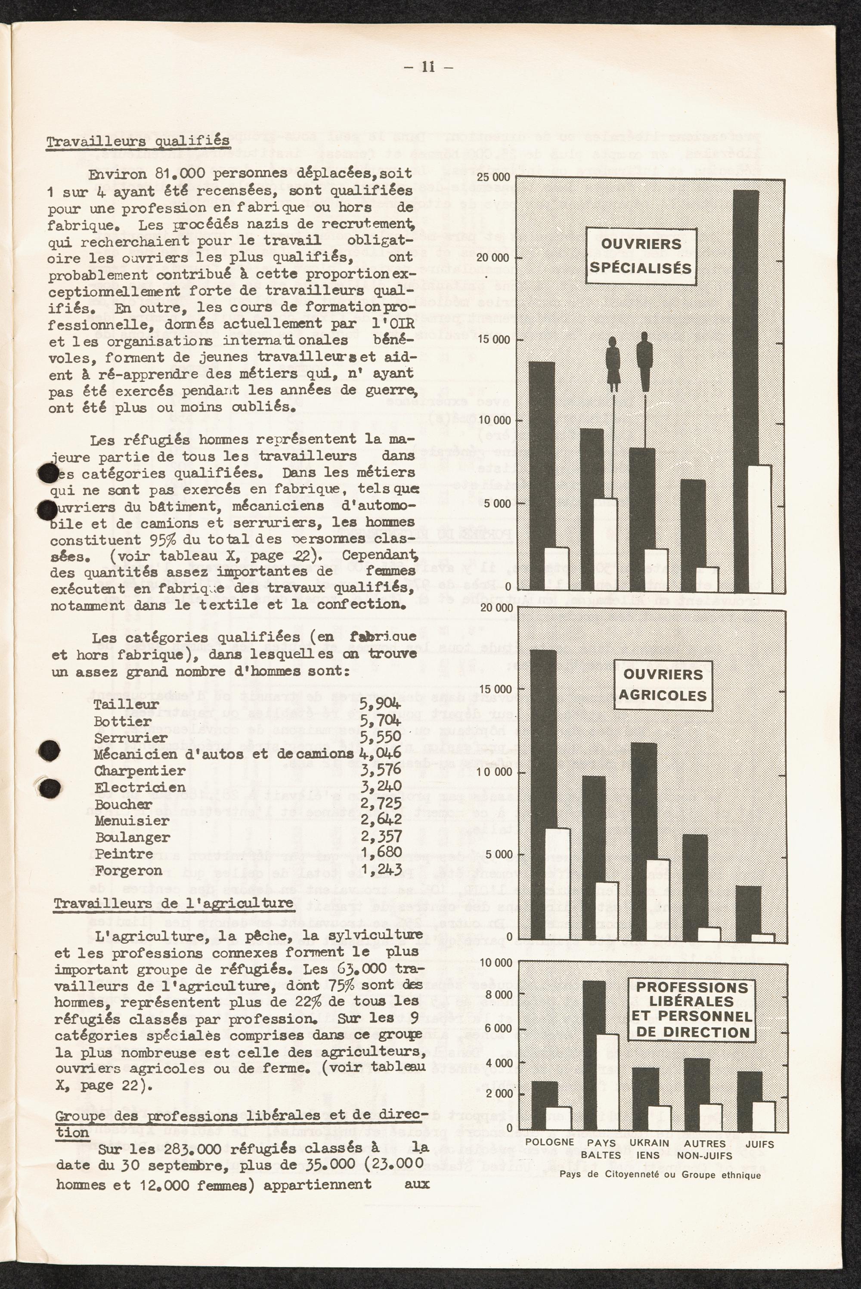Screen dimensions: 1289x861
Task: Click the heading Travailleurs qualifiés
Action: coord(137,141)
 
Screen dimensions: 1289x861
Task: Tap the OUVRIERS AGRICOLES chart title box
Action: coord(663,685)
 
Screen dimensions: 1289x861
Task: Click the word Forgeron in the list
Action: coord(128,871)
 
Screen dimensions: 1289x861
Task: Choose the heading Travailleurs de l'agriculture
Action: coord(173,903)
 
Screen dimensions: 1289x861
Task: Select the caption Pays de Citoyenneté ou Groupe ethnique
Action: coord(660,1175)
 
